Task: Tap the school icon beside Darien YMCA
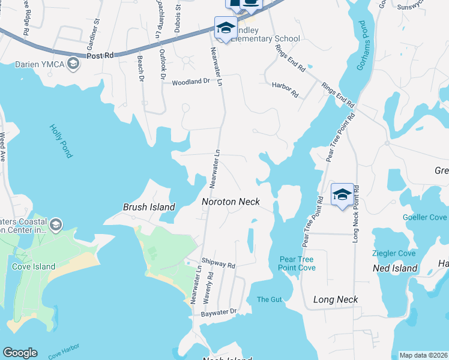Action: [x=73, y=63]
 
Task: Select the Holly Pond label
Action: [x=61, y=141]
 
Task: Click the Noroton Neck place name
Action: [x=231, y=202]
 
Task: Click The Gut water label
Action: [x=269, y=299]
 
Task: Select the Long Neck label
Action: [x=336, y=299]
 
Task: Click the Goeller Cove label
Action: [x=425, y=217]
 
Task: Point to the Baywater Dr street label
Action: [x=219, y=313]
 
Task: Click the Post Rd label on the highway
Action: [x=100, y=55]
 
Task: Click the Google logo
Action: [x=20, y=353]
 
